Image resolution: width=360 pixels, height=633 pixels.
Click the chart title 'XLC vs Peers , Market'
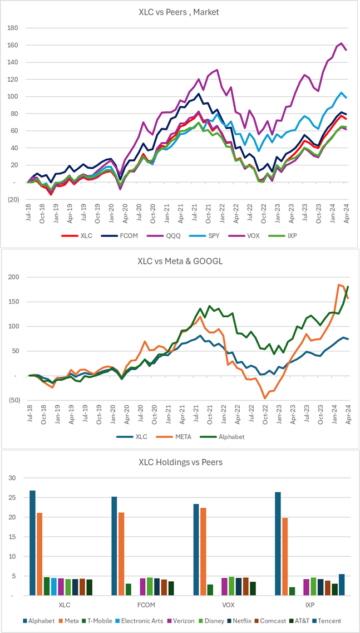[180, 12]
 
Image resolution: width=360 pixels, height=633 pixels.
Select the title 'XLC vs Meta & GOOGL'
[180, 261]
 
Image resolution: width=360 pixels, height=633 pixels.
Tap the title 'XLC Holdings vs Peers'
[180, 462]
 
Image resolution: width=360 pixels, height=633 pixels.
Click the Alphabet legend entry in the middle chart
[228, 436]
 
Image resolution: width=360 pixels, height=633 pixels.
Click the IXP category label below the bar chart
[298, 605]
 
